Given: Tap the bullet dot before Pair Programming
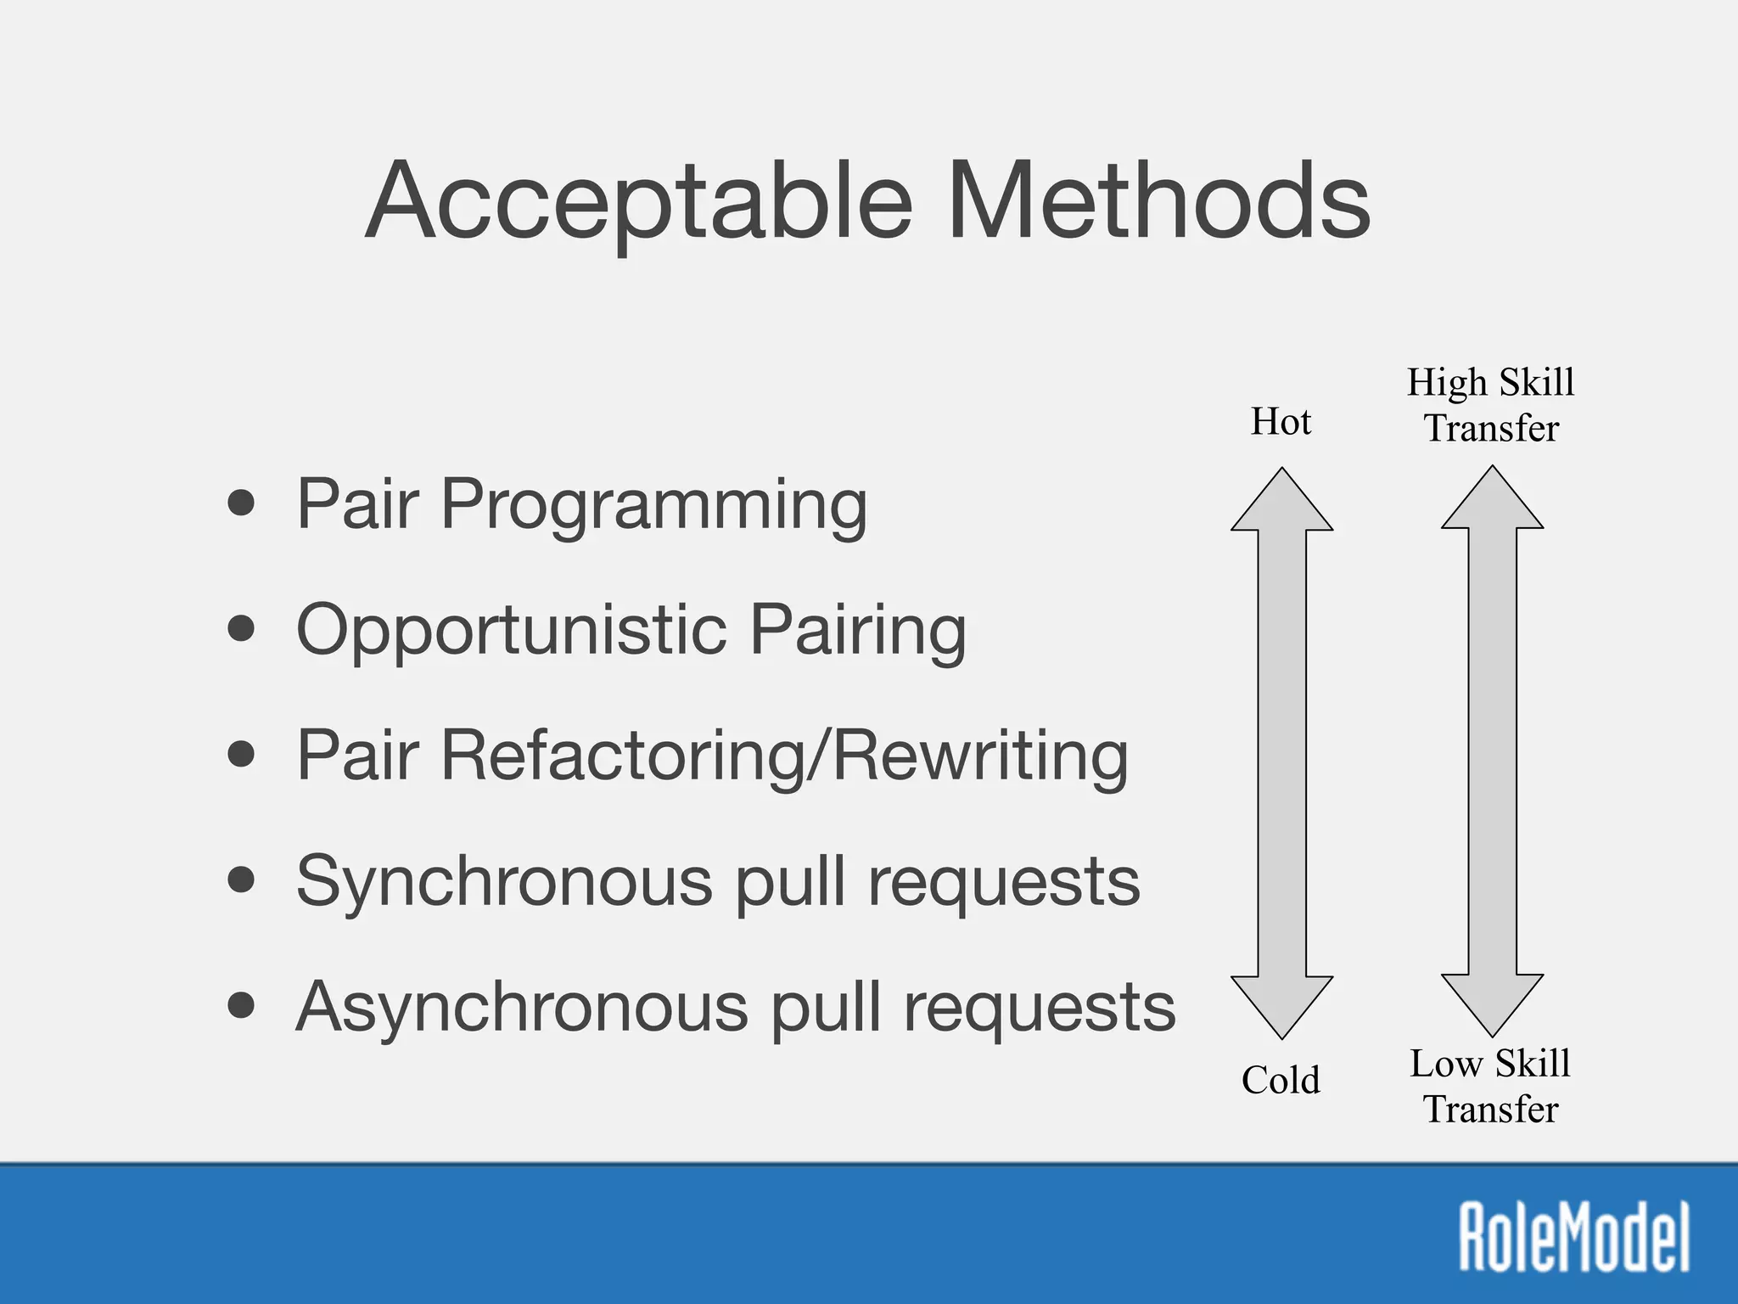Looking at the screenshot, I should pyautogui.click(x=242, y=503).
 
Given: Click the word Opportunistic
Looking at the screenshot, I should pyautogui.click(x=512, y=630).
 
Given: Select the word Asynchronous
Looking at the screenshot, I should pyautogui.click(x=522, y=1006).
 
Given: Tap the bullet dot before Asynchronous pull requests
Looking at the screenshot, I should pyautogui.click(x=242, y=1006).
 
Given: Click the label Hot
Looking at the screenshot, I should pyautogui.click(x=1281, y=422).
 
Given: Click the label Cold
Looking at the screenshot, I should pyautogui.click(x=1281, y=1080).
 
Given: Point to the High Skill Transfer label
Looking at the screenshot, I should pyautogui.click(x=1491, y=405).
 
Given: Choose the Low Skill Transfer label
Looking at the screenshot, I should pyautogui.click(x=1491, y=1086).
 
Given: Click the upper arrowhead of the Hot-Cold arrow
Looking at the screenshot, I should pyautogui.click(x=1281, y=505).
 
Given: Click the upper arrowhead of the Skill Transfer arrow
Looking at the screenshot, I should pyautogui.click(x=1492, y=503).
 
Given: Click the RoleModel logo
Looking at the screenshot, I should pyautogui.click(x=1574, y=1236).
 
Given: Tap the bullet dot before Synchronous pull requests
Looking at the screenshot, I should pyautogui.click(x=242, y=880).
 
